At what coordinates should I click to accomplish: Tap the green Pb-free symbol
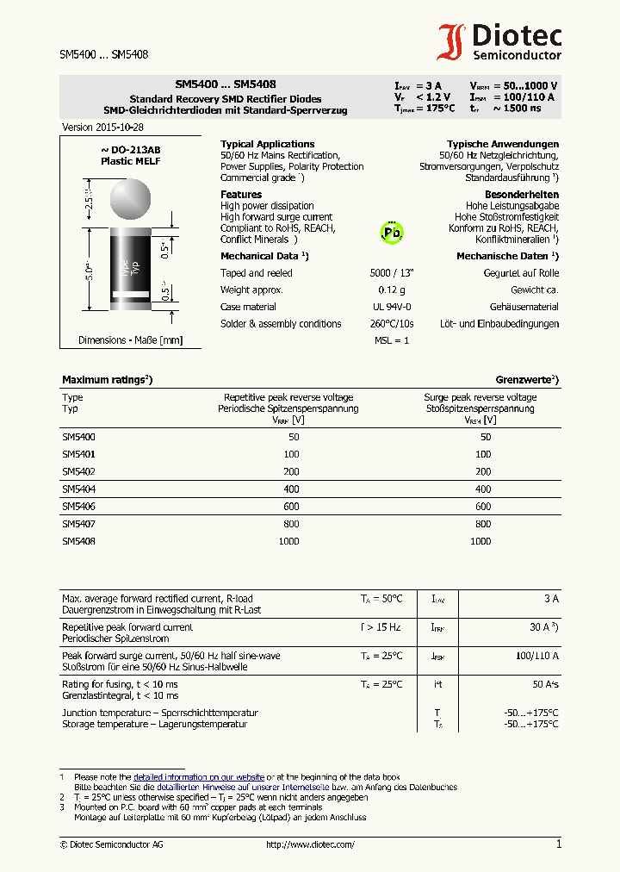pyautogui.click(x=393, y=232)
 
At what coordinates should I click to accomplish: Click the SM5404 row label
pyautogui.click(x=78, y=489)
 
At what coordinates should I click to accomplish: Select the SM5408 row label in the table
pyautogui.click(x=78, y=541)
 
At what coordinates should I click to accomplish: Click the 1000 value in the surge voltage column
pyautogui.click(x=480, y=541)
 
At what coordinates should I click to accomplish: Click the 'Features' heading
pyautogui.click(x=241, y=195)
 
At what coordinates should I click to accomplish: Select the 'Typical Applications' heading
pyautogui.click(x=267, y=144)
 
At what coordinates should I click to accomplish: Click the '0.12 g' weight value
pyautogui.click(x=392, y=290)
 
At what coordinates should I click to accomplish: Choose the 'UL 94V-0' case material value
pyautogui.click(x=392, y=307)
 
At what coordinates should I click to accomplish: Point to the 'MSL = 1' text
pyautogui.click(x=392, y=340)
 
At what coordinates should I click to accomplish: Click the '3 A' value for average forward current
pyautogui.click(x=551, y=598)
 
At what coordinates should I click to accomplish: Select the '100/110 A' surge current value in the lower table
pyautogui.click(x=537, y=656)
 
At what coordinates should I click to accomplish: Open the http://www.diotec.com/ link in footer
pyautogui.click(x=310, y=844)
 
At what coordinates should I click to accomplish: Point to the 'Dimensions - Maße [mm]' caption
pyautogui.click(x=130, y=340)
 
